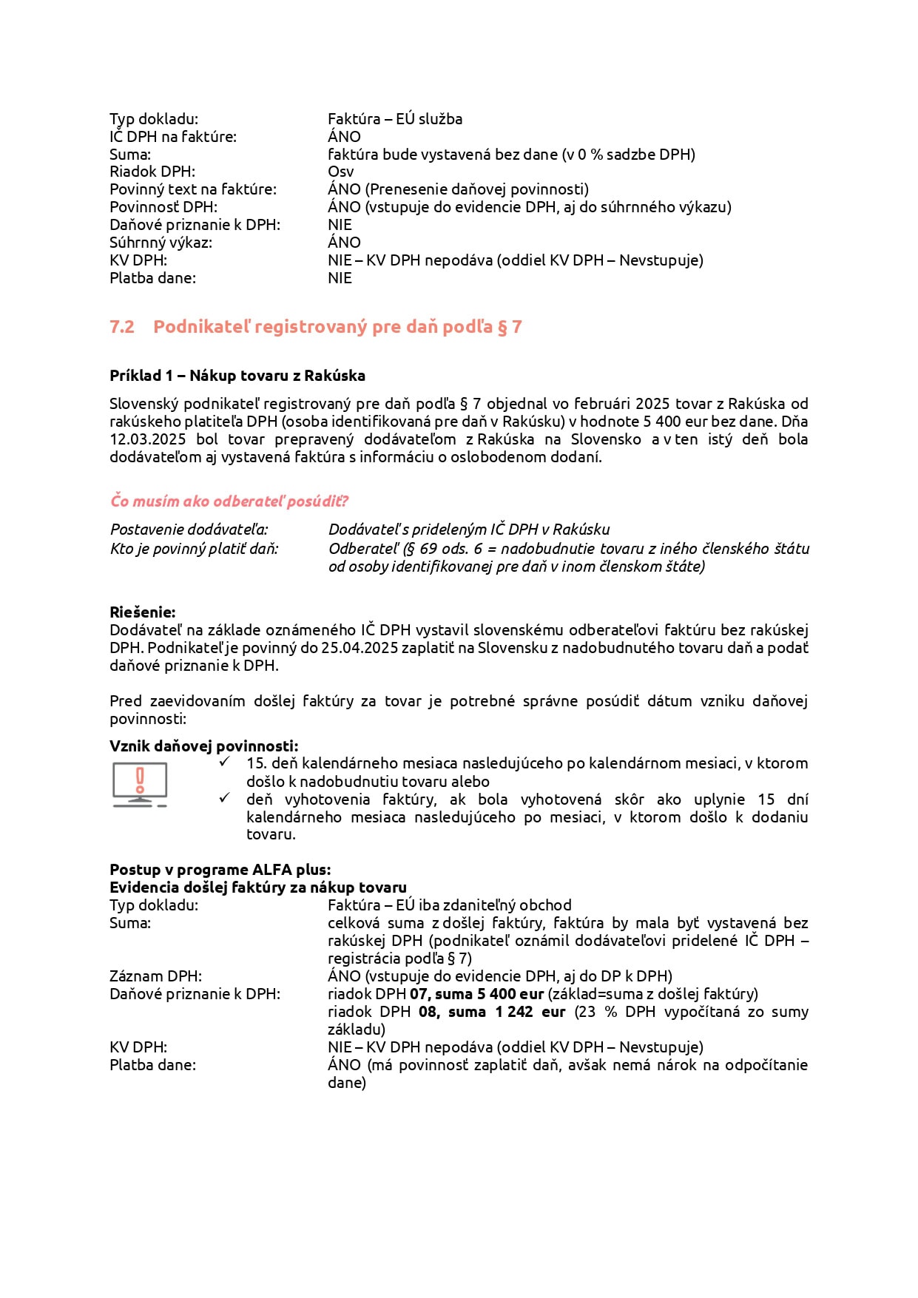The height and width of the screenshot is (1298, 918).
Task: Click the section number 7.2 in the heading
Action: pyautogui.click(x=122, y=327)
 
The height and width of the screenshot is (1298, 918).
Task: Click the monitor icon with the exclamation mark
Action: pyautogui.click(x=140, y=784)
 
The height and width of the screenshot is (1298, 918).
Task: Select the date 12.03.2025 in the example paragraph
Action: pyautogui.click(x=148, y=439)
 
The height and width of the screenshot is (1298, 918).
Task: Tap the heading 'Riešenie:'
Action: pyautogui.click(x=143, y=612)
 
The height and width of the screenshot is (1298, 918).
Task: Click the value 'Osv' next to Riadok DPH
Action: pyautogui.click(x=340, y=172)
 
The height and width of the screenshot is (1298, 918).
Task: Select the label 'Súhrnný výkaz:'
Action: pyautogui.click(x=161, y=243)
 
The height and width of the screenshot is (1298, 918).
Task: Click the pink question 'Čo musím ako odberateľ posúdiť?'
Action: pyautogui.click(x=229, y=501)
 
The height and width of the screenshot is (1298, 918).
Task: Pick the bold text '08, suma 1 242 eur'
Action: pyautogui.click(x=492, y=1012)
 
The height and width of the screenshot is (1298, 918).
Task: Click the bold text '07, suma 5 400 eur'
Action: pyautogui.click(x=477, y=994)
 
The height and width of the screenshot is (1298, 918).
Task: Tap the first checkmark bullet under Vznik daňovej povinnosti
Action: pyautogui.click(x=225, y=762)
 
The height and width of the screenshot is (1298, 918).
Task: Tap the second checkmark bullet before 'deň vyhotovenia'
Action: pyautogui.click(x=225, y=798)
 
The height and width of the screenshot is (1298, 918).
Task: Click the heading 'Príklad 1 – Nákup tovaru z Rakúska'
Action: pyautogui.click(x=237, y=376)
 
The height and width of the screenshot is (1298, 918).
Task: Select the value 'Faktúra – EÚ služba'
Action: pyautogui.click(x=395, y=119)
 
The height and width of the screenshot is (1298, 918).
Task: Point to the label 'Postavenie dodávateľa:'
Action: pyautogui.click(x=189, y=530)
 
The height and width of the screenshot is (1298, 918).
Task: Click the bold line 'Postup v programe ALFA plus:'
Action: pyautogui.click(x=220, y=870)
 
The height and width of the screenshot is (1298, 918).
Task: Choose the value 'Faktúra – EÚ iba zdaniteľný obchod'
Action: pyautogui.click(x=450, y=905)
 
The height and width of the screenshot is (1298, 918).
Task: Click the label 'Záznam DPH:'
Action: pyautogui.click(x=155, y=976)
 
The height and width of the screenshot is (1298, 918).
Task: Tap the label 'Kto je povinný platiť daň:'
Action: pyautogui.click(x=194, y=549)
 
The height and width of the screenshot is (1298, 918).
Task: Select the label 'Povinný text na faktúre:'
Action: pyautogui.click(x=193, y=189)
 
